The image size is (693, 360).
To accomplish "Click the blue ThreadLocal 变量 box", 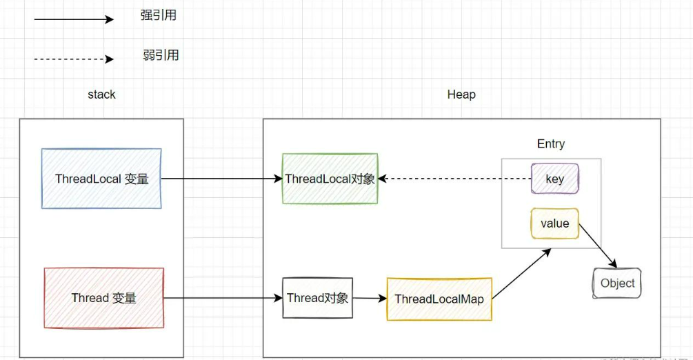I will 101,178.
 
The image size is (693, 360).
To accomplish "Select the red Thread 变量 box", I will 104,298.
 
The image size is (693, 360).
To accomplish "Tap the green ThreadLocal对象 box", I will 330,179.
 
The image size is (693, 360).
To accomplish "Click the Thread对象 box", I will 318,298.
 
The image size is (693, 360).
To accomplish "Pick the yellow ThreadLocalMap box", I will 439,299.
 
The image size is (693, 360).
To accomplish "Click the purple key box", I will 554,179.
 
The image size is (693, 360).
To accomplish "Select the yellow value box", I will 554,223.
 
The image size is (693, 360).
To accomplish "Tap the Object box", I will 617,283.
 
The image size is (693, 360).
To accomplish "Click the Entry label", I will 550,143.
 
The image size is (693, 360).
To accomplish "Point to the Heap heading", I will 461,94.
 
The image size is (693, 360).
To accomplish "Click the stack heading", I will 101,94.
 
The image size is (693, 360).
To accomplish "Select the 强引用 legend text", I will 159,15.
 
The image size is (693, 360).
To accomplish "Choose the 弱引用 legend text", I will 161,55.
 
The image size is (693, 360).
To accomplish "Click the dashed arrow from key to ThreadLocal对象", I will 455,179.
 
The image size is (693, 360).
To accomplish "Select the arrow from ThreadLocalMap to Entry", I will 522,273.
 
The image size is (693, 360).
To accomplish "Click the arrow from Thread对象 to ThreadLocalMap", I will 370,299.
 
